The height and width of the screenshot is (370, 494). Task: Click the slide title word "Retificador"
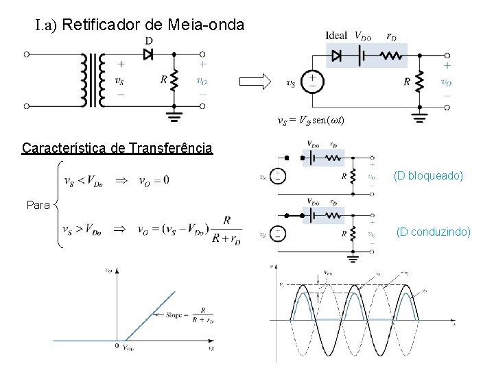click(x=102, y=25)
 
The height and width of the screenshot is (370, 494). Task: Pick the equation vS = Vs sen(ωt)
click(x=311, y=121)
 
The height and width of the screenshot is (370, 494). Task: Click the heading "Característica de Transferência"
click(x=117, y=148)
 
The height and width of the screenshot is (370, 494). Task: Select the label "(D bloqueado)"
click(x=429, y=177)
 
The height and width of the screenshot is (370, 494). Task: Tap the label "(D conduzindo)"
click(x=434, y=233)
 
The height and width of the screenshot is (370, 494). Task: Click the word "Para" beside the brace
click(x=38, y=204)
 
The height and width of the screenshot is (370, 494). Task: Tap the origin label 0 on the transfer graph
click(x=117, y=345)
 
